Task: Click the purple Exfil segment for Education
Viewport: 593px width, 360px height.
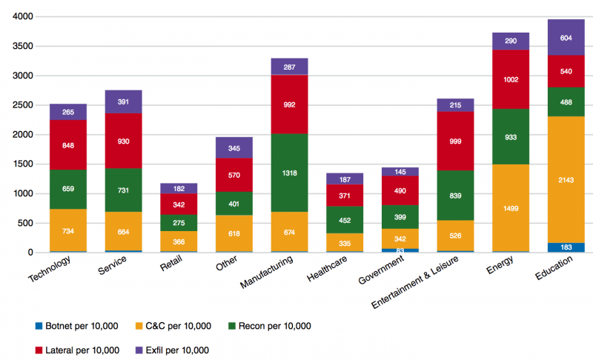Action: pyautogui.click(x=566, y=38)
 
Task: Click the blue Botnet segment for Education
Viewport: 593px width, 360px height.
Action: pyautogui.click(x=566, y=247)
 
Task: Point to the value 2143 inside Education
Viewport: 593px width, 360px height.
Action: pyautogui.click(x=566, y=180)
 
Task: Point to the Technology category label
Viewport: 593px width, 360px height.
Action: pyautogui.click(x=50, y=268)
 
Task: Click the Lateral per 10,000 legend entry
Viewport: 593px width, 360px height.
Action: pyautogui.click(x=77, y=350)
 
